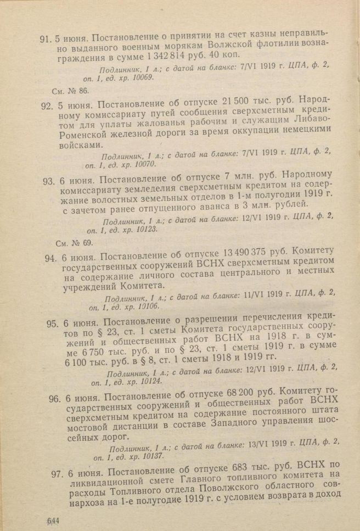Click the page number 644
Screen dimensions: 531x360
tap(53, 519)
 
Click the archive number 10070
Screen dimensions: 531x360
tap(142, 164)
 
